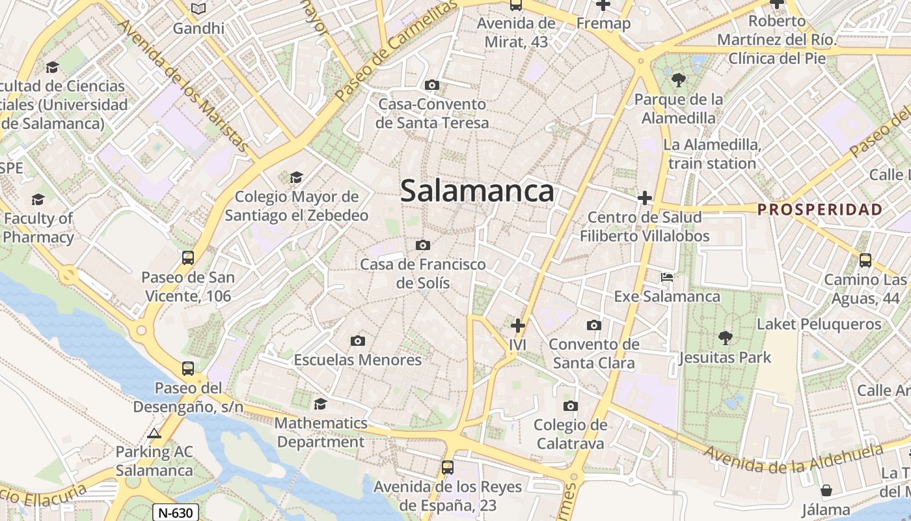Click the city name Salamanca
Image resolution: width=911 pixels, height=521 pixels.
coord(477,191)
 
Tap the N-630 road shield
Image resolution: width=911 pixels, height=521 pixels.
coord(176,513)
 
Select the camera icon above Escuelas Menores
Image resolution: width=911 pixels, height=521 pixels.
coord(357,341)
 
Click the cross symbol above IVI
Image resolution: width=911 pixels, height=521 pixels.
coord(518,325)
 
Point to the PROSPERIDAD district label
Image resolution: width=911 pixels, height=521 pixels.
coord(820,210)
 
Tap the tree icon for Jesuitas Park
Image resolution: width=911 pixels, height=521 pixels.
coord(725,337)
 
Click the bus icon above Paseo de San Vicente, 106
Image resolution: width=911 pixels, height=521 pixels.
coord(188,258)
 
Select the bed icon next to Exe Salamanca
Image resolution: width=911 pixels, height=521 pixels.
coord(667,277)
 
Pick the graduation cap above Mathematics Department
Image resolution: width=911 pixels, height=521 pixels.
coord(320,404)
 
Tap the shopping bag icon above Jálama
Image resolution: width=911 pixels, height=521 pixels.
coord(826,490)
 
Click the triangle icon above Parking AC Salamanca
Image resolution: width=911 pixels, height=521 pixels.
coord(154,434)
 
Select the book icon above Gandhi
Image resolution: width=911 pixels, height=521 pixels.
coord(198,9)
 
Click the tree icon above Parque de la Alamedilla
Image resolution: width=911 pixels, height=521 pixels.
coord(679,80)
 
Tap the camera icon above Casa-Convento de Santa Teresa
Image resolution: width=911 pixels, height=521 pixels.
coord(431,85)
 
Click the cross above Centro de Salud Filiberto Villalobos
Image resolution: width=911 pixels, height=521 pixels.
coord(645,197)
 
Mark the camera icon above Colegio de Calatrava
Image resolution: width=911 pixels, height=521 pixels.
coord(571,406)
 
